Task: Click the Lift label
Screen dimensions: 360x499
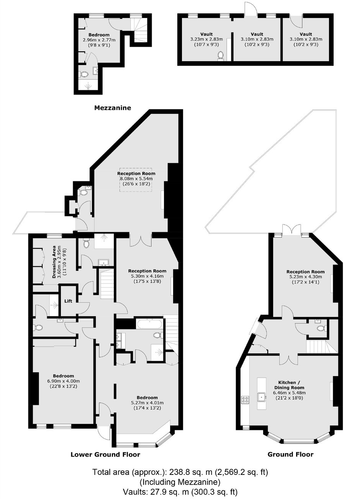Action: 68,301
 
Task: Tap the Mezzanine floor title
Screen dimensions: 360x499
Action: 113,108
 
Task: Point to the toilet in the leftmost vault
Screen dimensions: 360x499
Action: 221,56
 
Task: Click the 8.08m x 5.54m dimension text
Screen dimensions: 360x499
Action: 136,179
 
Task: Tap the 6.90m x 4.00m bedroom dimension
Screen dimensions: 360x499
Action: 63,381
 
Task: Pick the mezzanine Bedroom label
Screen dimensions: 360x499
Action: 99,35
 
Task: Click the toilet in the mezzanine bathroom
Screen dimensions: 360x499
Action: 83,74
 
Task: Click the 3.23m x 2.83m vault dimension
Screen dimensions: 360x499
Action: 206,39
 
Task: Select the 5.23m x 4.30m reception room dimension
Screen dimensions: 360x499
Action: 305,277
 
